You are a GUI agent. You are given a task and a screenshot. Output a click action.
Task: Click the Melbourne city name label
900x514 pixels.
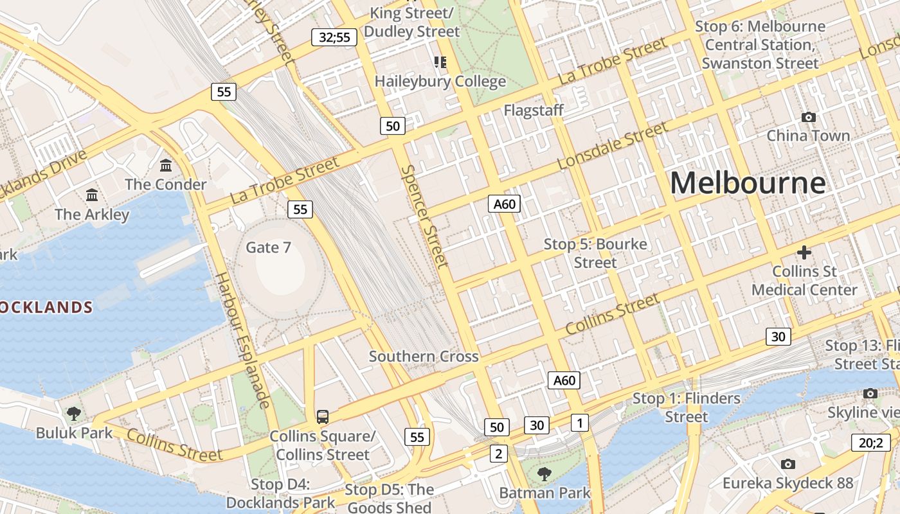748,183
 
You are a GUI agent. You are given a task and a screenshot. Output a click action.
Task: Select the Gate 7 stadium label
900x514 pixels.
269,247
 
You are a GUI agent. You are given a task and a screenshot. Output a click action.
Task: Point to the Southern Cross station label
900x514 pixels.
424,357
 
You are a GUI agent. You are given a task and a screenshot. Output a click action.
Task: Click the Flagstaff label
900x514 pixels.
533,111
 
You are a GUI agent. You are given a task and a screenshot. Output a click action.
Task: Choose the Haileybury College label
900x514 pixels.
440,82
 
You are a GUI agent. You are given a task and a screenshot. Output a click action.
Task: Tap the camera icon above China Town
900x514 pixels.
808,117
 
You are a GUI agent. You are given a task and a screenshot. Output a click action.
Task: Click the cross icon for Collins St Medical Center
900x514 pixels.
804,253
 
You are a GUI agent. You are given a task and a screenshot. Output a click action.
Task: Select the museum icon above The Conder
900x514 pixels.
166,166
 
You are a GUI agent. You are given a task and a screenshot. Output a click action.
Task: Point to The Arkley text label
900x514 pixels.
92,215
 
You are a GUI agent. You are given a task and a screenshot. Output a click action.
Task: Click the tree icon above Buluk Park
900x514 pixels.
74,413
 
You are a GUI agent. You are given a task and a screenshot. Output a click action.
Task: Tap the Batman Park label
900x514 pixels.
545,493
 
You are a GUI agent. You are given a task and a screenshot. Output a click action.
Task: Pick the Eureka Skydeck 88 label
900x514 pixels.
788,483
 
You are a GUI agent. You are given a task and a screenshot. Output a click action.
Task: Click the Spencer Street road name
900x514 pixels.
424,216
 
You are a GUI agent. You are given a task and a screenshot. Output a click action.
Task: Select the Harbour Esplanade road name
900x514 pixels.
242,341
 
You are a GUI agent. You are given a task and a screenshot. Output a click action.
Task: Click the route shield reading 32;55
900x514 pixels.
334,37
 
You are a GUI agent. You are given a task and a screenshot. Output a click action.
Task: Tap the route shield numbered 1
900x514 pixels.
579,423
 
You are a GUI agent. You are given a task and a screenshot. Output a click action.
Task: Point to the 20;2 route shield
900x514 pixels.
871,442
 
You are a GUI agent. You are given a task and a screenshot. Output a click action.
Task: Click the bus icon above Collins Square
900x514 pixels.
323,416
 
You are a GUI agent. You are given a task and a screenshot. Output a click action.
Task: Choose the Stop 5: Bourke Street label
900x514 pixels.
595,253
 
